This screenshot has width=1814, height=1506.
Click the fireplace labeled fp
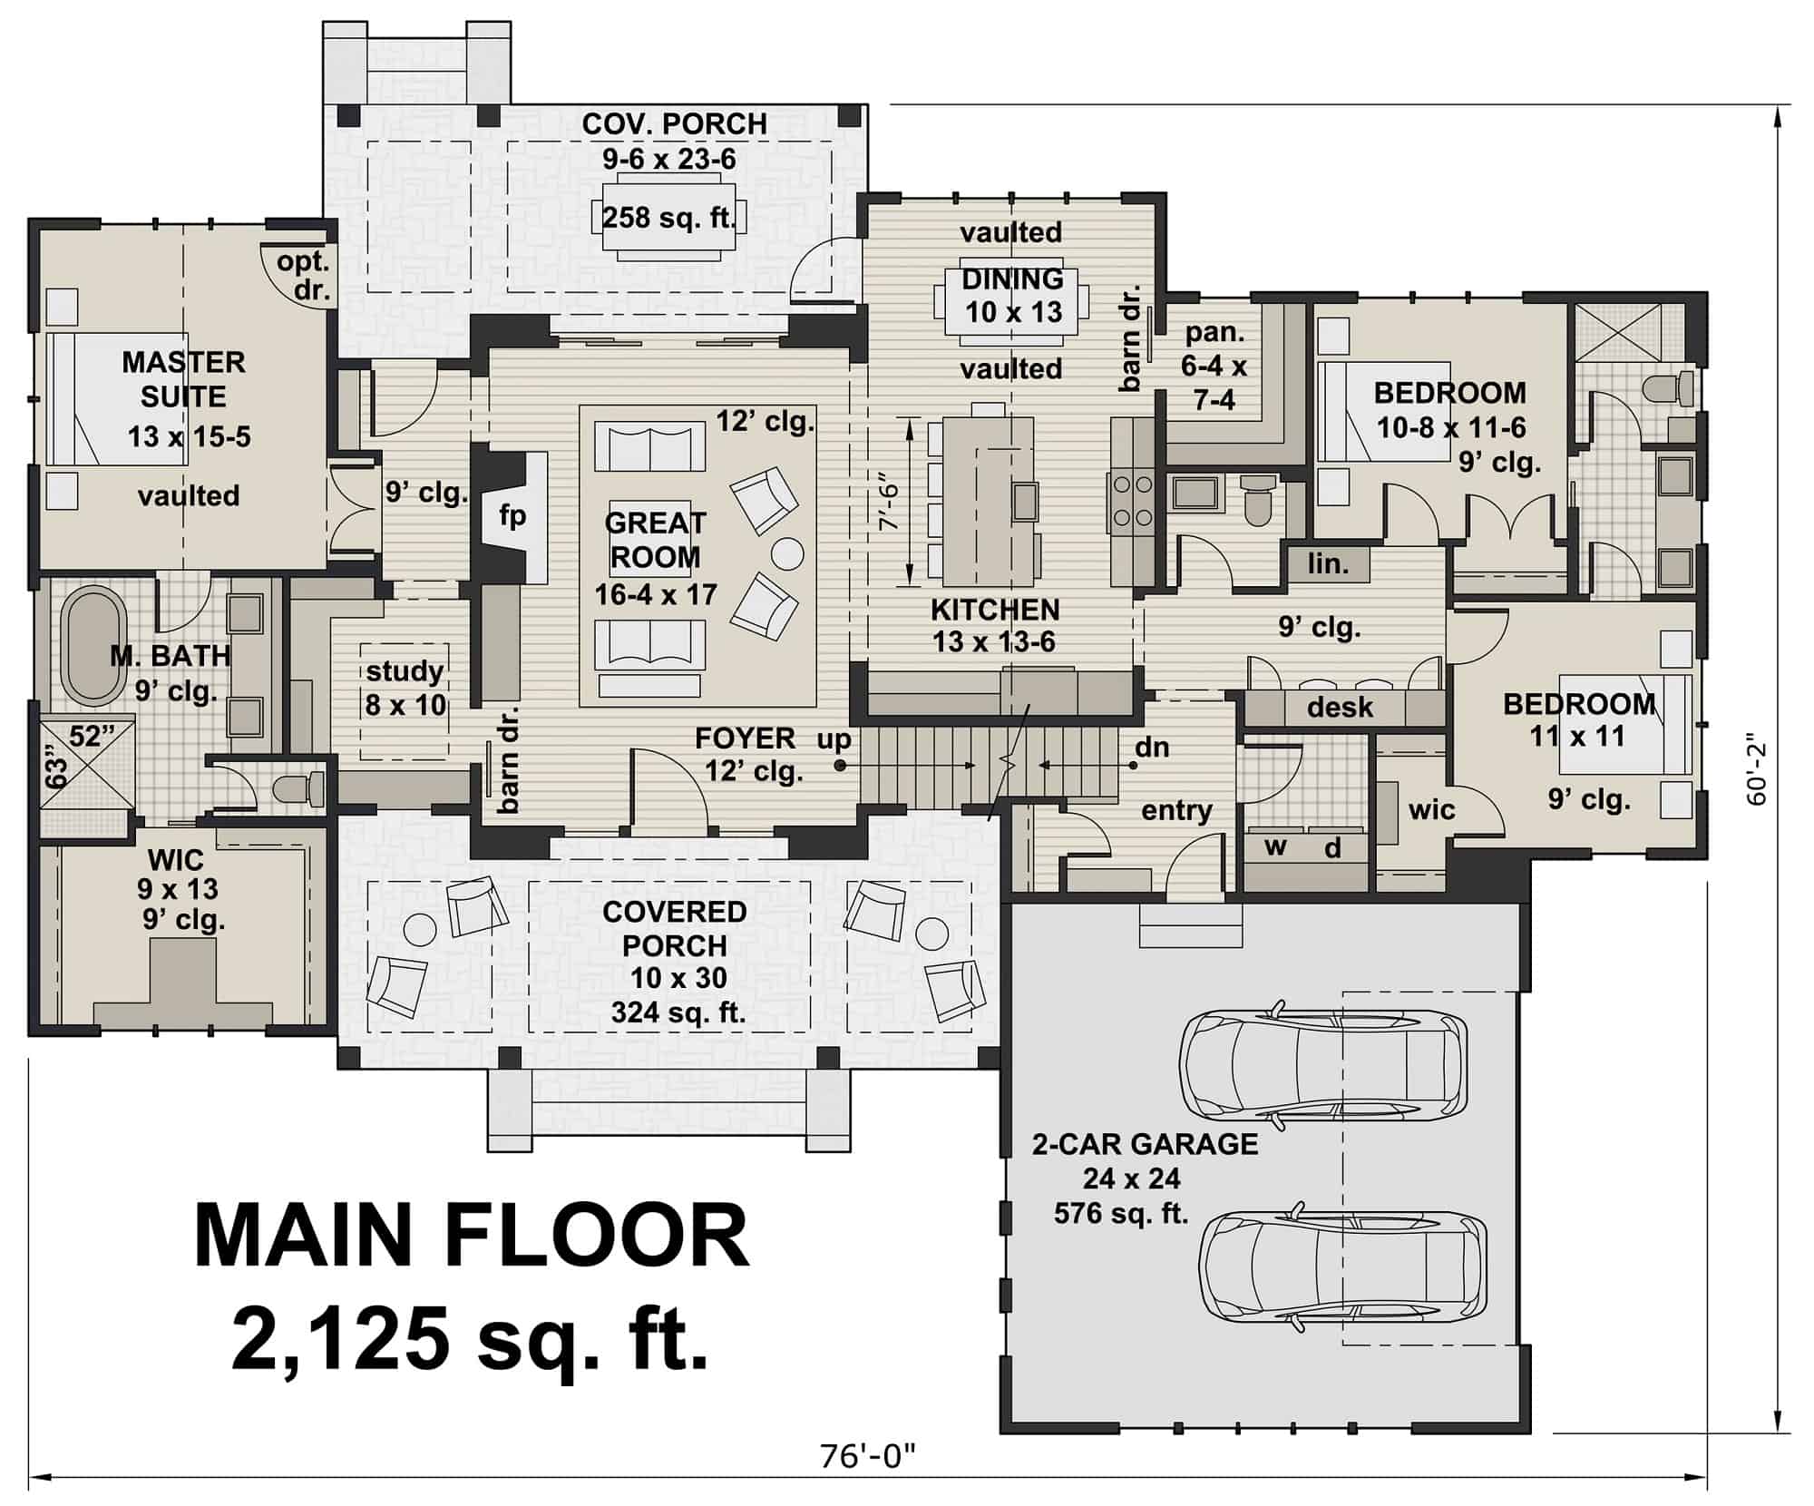point(512,516)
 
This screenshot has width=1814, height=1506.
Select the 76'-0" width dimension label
point(868,1457)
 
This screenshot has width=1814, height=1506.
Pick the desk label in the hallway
point(1340,707)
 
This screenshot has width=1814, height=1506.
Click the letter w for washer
point(1275,847)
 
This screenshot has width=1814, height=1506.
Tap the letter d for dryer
point(1332,848)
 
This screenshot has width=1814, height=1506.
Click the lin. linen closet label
point(1329,563)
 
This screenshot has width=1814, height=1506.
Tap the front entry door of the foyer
point(668,789)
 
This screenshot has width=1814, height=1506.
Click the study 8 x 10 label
point(405,687)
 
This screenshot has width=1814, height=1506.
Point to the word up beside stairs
point(834,739)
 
